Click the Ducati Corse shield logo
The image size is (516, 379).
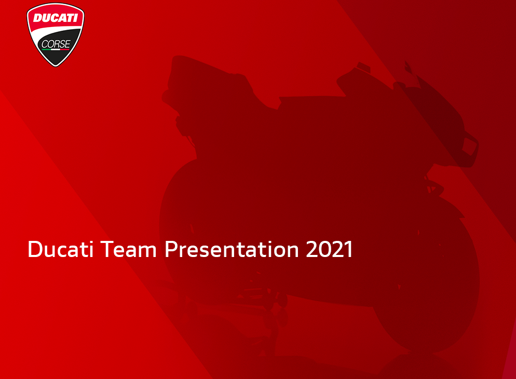click(x=55, y=35)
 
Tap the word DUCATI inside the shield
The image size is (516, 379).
click(x=55, y=18)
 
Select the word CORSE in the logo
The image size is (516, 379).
click(x=56, y=44)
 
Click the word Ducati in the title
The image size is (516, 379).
click(x=61, y=249)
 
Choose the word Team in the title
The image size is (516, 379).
click(x=128, y=249)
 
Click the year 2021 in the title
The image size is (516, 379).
click(x=330, y=249)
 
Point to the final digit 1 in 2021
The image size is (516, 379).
click(x=348, y=249)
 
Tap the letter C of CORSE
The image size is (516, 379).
click(x=45, y=44)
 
